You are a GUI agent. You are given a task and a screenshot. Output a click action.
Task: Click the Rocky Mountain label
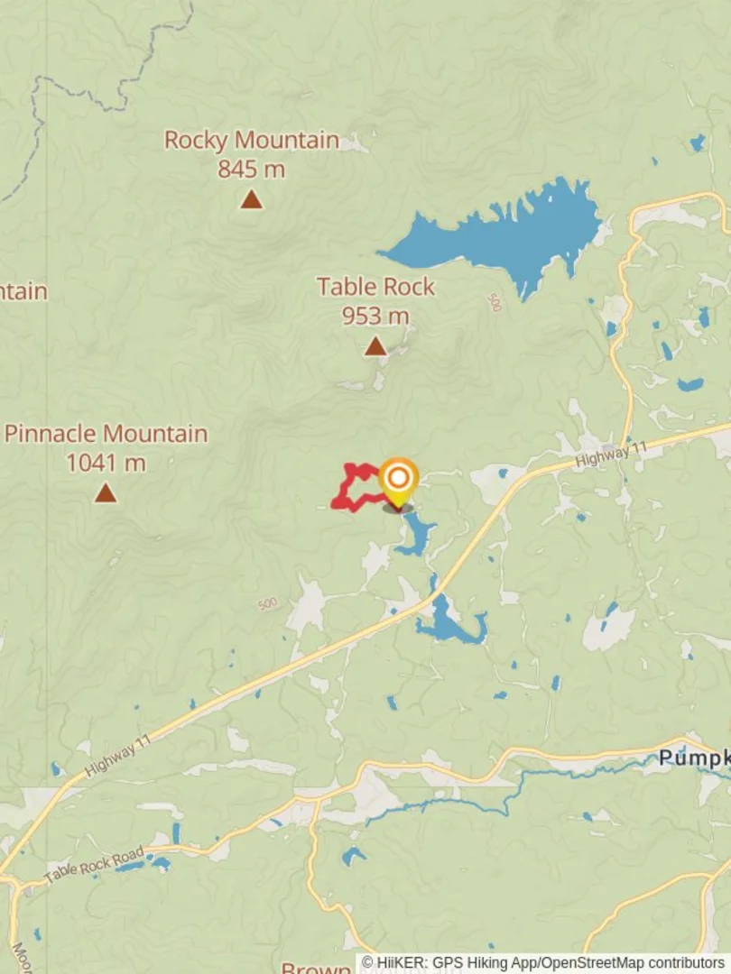coord(251,141)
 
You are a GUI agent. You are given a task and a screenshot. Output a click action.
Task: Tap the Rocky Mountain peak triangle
coord(251,199)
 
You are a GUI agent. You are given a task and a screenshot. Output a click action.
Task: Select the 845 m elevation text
coord(251,169)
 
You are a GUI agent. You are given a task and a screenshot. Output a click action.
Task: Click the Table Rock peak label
coord(375,287)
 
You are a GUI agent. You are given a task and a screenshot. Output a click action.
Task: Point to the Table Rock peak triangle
coord(375,346)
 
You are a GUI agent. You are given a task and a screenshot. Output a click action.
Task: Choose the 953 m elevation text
coord(375,316)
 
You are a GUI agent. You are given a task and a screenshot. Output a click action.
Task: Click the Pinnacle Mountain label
coord(106,434)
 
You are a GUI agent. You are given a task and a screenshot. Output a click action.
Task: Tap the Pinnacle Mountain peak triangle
coord(106,493)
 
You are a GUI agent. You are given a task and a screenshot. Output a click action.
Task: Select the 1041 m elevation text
coord(106,463)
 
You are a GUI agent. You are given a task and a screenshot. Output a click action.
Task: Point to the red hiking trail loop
coord(347,492)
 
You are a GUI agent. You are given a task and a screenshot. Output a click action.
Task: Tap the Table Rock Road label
coord(93,866)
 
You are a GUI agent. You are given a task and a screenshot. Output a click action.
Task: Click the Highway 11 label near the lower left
coord(117,757)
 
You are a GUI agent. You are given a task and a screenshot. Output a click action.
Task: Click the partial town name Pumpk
coord(691,758)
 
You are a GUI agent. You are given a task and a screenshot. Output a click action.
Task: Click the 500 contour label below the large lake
coord(494,302)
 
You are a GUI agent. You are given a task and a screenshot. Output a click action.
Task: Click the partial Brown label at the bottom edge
coord(315,969)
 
